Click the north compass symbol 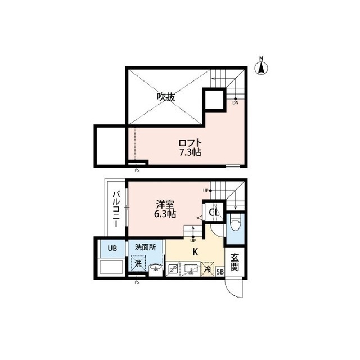pyautogui.click(x=261, y=66)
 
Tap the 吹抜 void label pyautogui.click(x=166, y=97)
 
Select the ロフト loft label pyautogui.click(x=190, y=143)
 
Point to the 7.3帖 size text pyautogui.click(x=190, y=152)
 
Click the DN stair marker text pyautogui.click(x=236, y=103)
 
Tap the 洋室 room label pyautogui.click(x=165, y=204)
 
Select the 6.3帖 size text pyautogui.click(x=165, y=214)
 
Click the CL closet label pyautogui.click(x=214, y=212)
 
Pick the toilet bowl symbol pyautogui.click(x=235, y=222)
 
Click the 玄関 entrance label pyautogui.click(x=235, y=262)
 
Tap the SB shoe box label pyautogui.click(x=220, y=272)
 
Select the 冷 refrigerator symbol pyautogui.click(x=208, y=269)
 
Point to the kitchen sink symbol pyautogui.click(x=191, y=269)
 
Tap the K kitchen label pyautogui.click(x=195, y=252)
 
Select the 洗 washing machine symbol pyautogui.click(x=138, y=263)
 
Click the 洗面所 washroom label pyautogui.click(x=145, y=247)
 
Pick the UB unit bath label pyautogui.click(x=112, y=248)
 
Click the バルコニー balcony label pyautogui.click(x=116, y=209)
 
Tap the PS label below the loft pyautogui.click(x=137, y=170)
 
